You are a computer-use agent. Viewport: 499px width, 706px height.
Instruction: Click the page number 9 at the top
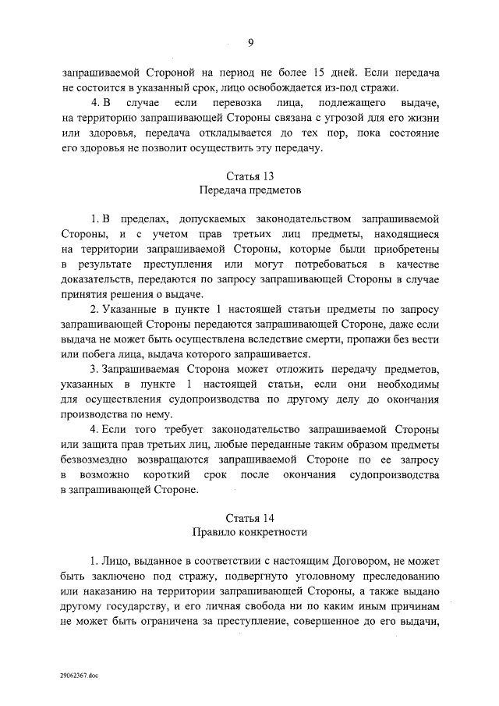point(250,42)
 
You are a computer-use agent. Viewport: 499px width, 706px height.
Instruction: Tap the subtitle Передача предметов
point(249,190)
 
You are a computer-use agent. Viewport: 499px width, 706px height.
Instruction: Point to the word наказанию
point(108,591)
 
